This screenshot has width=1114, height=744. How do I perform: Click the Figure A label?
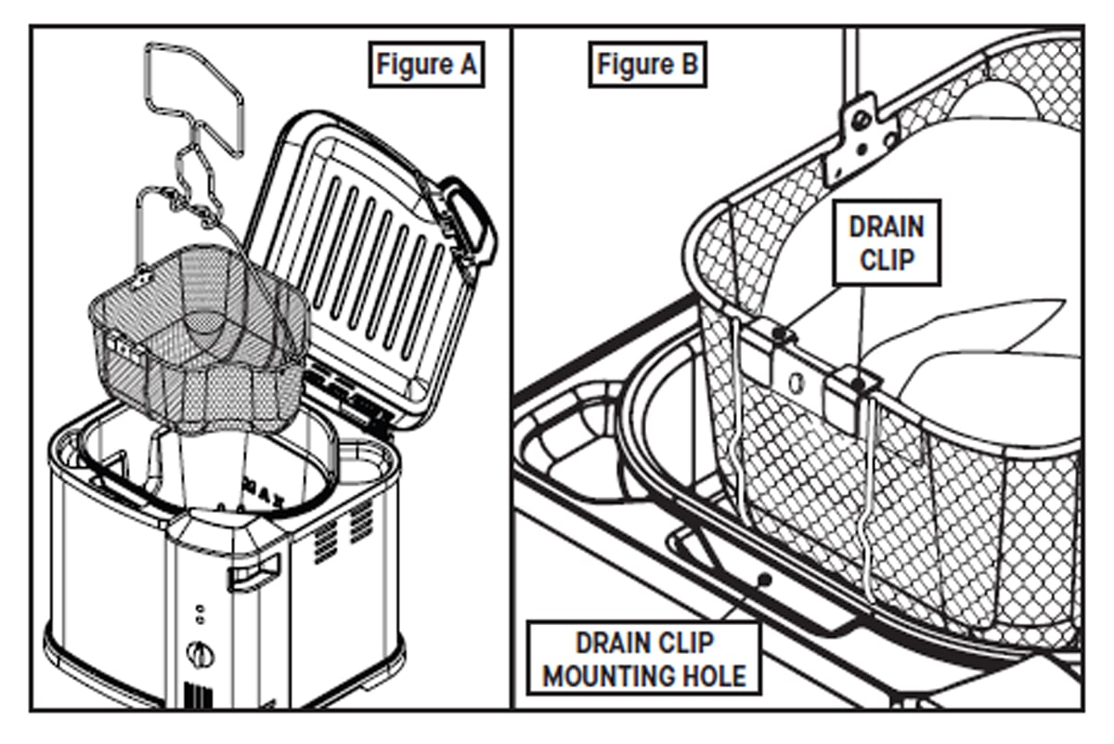point(426,65)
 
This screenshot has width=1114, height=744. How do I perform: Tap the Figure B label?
point(646,65)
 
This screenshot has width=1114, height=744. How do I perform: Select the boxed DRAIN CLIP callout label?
point(887,241)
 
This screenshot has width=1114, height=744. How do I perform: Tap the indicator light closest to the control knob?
point(199,620)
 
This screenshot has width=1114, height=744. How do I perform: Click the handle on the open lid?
point(470,219)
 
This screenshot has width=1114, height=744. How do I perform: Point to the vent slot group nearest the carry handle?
point(324,539)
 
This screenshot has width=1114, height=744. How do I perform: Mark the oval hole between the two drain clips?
point(795,382)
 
